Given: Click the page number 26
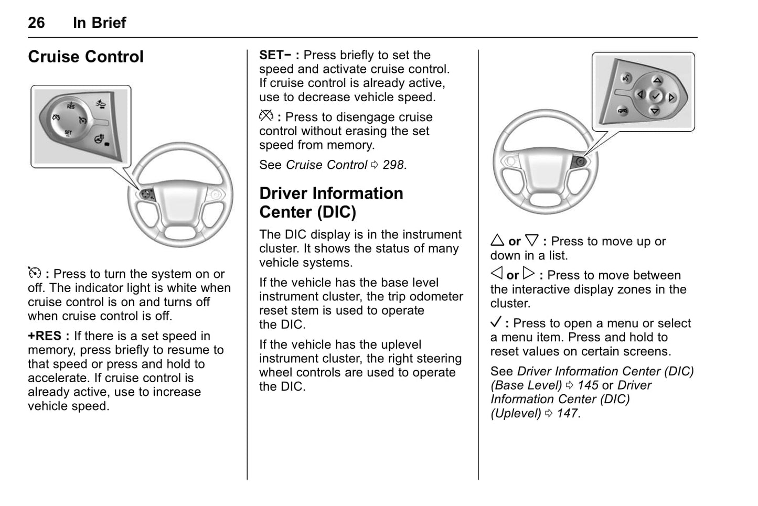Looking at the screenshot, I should coord(36,23).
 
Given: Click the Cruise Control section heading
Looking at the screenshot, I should coord(86,57).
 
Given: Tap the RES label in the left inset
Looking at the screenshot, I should coord(71,106).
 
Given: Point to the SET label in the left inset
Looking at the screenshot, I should coord(68,133).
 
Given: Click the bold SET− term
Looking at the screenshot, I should coord(275,55).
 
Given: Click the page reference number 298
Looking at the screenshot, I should coord(393,165).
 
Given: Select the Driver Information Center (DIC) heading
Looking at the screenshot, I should coord(331,202).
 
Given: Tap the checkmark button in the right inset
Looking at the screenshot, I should coord(656,96).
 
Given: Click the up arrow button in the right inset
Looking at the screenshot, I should coord(657,80).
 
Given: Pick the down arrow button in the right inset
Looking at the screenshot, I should coord(655,111).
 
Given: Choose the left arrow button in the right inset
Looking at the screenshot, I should coord(640,94).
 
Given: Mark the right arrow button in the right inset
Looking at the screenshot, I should coord(671,98).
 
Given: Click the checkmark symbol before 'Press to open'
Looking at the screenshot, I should coord(496,322).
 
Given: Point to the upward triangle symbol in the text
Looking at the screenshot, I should coord(497,241).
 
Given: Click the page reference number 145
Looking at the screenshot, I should coord(588,385).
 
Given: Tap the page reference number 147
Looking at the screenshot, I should coord(568,414).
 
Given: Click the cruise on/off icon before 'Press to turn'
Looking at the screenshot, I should coord(34,273).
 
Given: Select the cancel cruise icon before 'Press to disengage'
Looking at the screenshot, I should coord(266,116).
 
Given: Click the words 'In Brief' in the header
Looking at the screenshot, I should coord(99,23).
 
